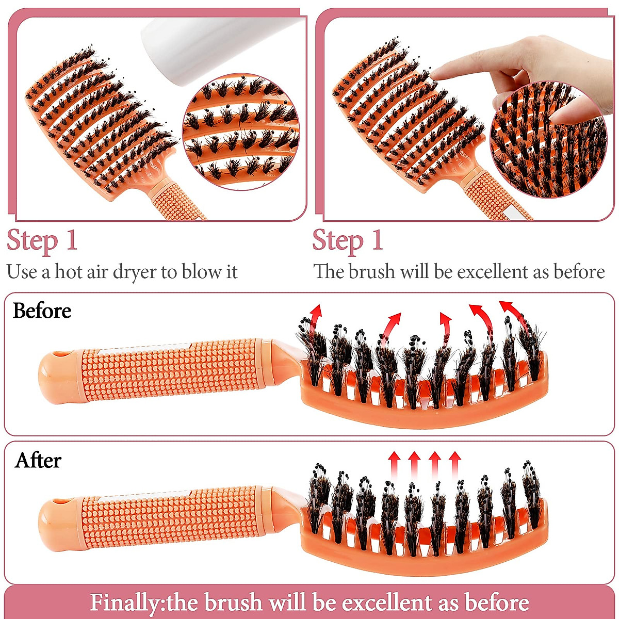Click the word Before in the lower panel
pos(42,311)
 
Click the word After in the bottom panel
pos(38,460)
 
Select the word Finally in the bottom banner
pos(123,602)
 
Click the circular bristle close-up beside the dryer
pos(241,132)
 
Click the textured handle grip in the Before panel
pos(170,371)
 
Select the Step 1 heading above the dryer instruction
pos(42,241)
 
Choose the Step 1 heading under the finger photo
pos(348,241)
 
